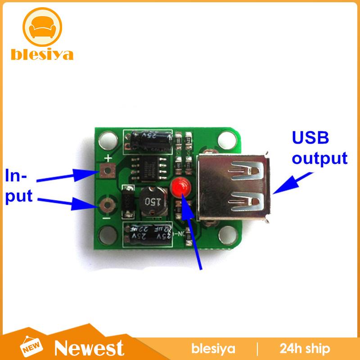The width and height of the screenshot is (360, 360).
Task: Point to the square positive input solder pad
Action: [x=107, y=171]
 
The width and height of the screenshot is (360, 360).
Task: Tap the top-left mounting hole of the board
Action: [x=108, y=136]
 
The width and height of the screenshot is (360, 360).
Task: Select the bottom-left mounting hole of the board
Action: [x=108, y=235]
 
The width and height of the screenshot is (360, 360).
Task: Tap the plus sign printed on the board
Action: [x=108, y=158]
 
